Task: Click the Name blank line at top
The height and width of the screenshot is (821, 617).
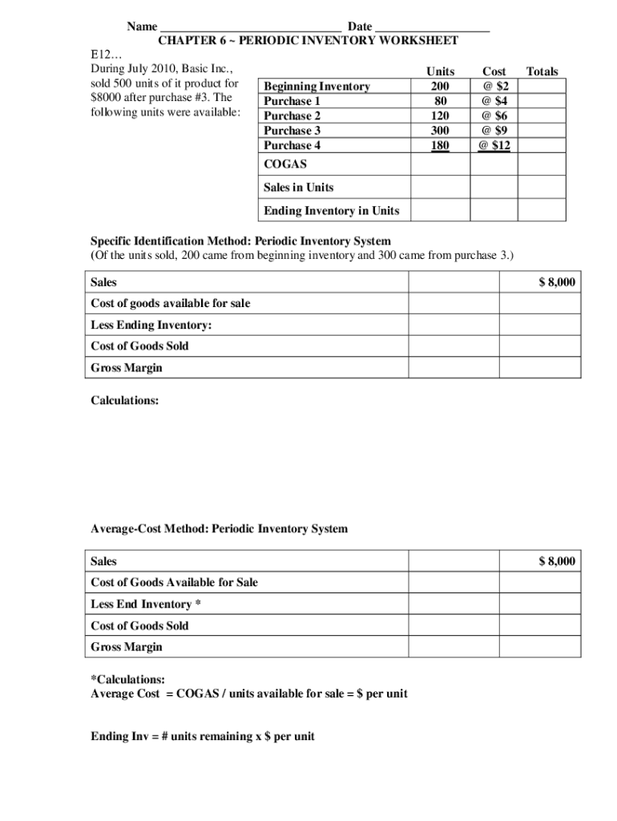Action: click(x=251, y=28)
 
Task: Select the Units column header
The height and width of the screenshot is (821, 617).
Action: click(x=440, y=71)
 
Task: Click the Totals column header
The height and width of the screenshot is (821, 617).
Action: click(x=542, y=71)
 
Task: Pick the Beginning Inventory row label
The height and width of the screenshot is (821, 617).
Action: click(x=317, y=87)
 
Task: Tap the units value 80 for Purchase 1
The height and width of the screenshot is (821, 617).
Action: click(x=440, y=101)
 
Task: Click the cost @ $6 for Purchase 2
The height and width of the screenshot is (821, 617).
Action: click(x=494, y=115)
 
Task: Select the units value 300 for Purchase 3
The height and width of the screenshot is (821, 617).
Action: click(x=440, y=130)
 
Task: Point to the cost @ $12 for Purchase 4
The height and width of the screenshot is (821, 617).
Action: click(x=494, y=145)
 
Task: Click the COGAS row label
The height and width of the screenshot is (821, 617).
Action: click(x=284, y=164)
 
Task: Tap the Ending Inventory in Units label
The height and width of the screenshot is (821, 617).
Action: click(x=331, y=211)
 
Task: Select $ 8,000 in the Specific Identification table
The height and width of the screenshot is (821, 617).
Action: click(x=556, y=282)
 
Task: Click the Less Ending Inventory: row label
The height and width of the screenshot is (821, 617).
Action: click(x=151, y=325)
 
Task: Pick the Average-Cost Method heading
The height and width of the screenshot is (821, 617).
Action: click(x=220, y=528)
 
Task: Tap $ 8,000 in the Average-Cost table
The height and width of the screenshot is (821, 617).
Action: click(x=556, y=561)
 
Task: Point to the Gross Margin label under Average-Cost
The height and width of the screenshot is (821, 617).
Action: click(x=127, y=646)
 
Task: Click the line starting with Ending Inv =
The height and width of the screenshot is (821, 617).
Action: click(x=203, y=736)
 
